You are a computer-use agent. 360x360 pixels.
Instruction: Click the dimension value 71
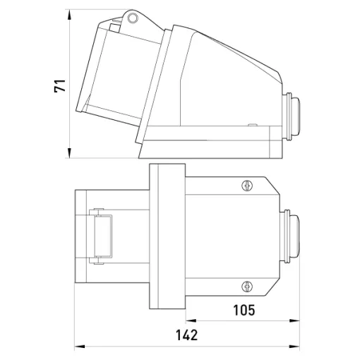(x=60, y=86)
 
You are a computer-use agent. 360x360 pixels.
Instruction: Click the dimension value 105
(x=244, y=310)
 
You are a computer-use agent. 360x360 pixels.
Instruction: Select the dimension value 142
(x=187, y=335)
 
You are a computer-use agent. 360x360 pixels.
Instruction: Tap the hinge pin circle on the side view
(x=133, y=17)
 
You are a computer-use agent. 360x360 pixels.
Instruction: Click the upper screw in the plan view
(x=247, y=186)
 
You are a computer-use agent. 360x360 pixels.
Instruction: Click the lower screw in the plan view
(x=247, y=287)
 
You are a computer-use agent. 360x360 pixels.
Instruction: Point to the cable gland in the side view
(x=291, y=116)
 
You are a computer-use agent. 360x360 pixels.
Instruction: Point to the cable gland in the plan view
(x=290, y=236)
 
